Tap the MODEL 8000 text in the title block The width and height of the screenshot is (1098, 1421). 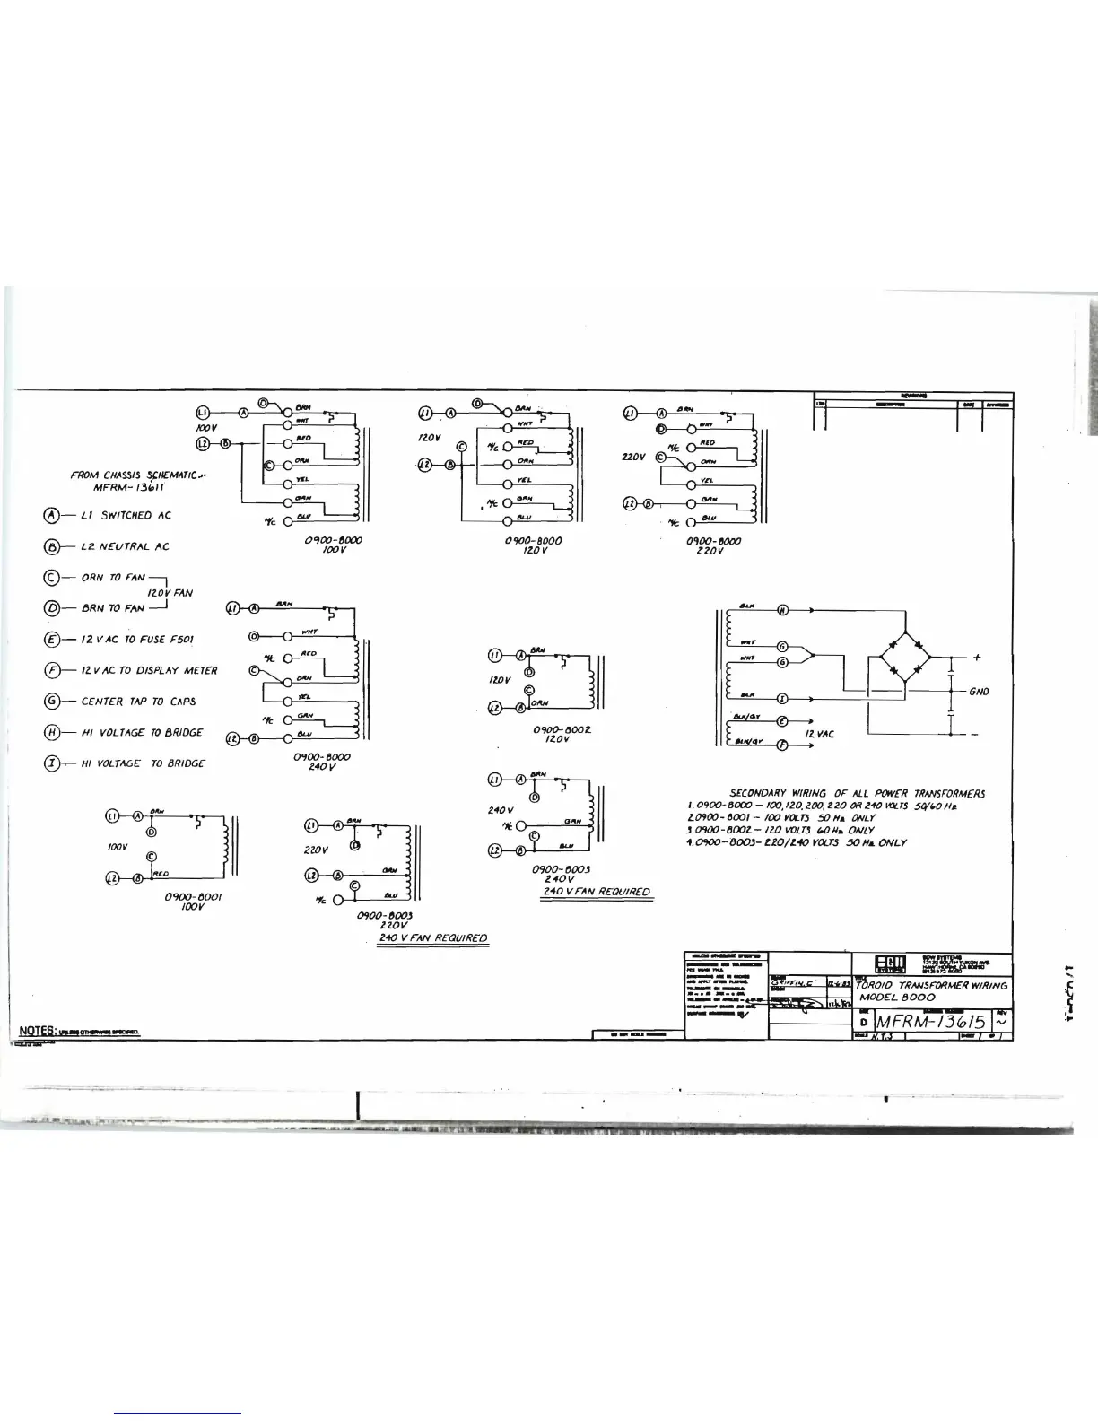[897, 998]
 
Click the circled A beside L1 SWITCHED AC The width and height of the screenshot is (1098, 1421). [51, 515]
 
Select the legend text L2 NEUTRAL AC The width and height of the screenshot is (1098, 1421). [125, 546]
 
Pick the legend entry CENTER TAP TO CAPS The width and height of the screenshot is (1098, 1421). [138, 702]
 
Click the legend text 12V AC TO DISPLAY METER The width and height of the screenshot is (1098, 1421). [149, 670]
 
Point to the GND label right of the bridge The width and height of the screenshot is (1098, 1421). [979, 692]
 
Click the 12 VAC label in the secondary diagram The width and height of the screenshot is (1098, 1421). [820, 734]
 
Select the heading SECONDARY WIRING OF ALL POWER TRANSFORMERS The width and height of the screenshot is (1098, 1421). [857, 793]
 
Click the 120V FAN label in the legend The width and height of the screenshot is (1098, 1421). [170, 592]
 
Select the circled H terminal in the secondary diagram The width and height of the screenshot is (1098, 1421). [782, 612]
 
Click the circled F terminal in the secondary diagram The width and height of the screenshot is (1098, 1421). [782, 745]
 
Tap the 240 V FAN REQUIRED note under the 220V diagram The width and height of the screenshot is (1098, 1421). [433, 937]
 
